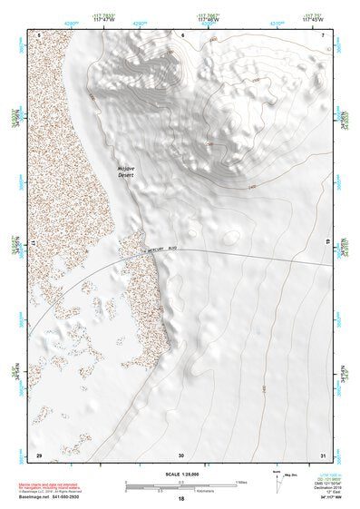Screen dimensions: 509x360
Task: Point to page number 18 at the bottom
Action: pyautogui.click(x=181, y=498)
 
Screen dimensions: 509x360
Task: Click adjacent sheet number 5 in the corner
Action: pyautogui.click(x=38, y=34)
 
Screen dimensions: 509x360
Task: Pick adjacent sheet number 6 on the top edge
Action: pyautogui.click(x=181, y=34)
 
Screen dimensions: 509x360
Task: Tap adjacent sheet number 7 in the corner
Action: pyautogui.click(x=323, y=34)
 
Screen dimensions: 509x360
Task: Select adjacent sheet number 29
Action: pyautogui.click(x=38, y=455)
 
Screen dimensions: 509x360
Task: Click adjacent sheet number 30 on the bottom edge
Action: pyautogui.click(x=181, y=455)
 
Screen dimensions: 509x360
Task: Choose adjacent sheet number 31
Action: pyautogui.click(x=323, y=455)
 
